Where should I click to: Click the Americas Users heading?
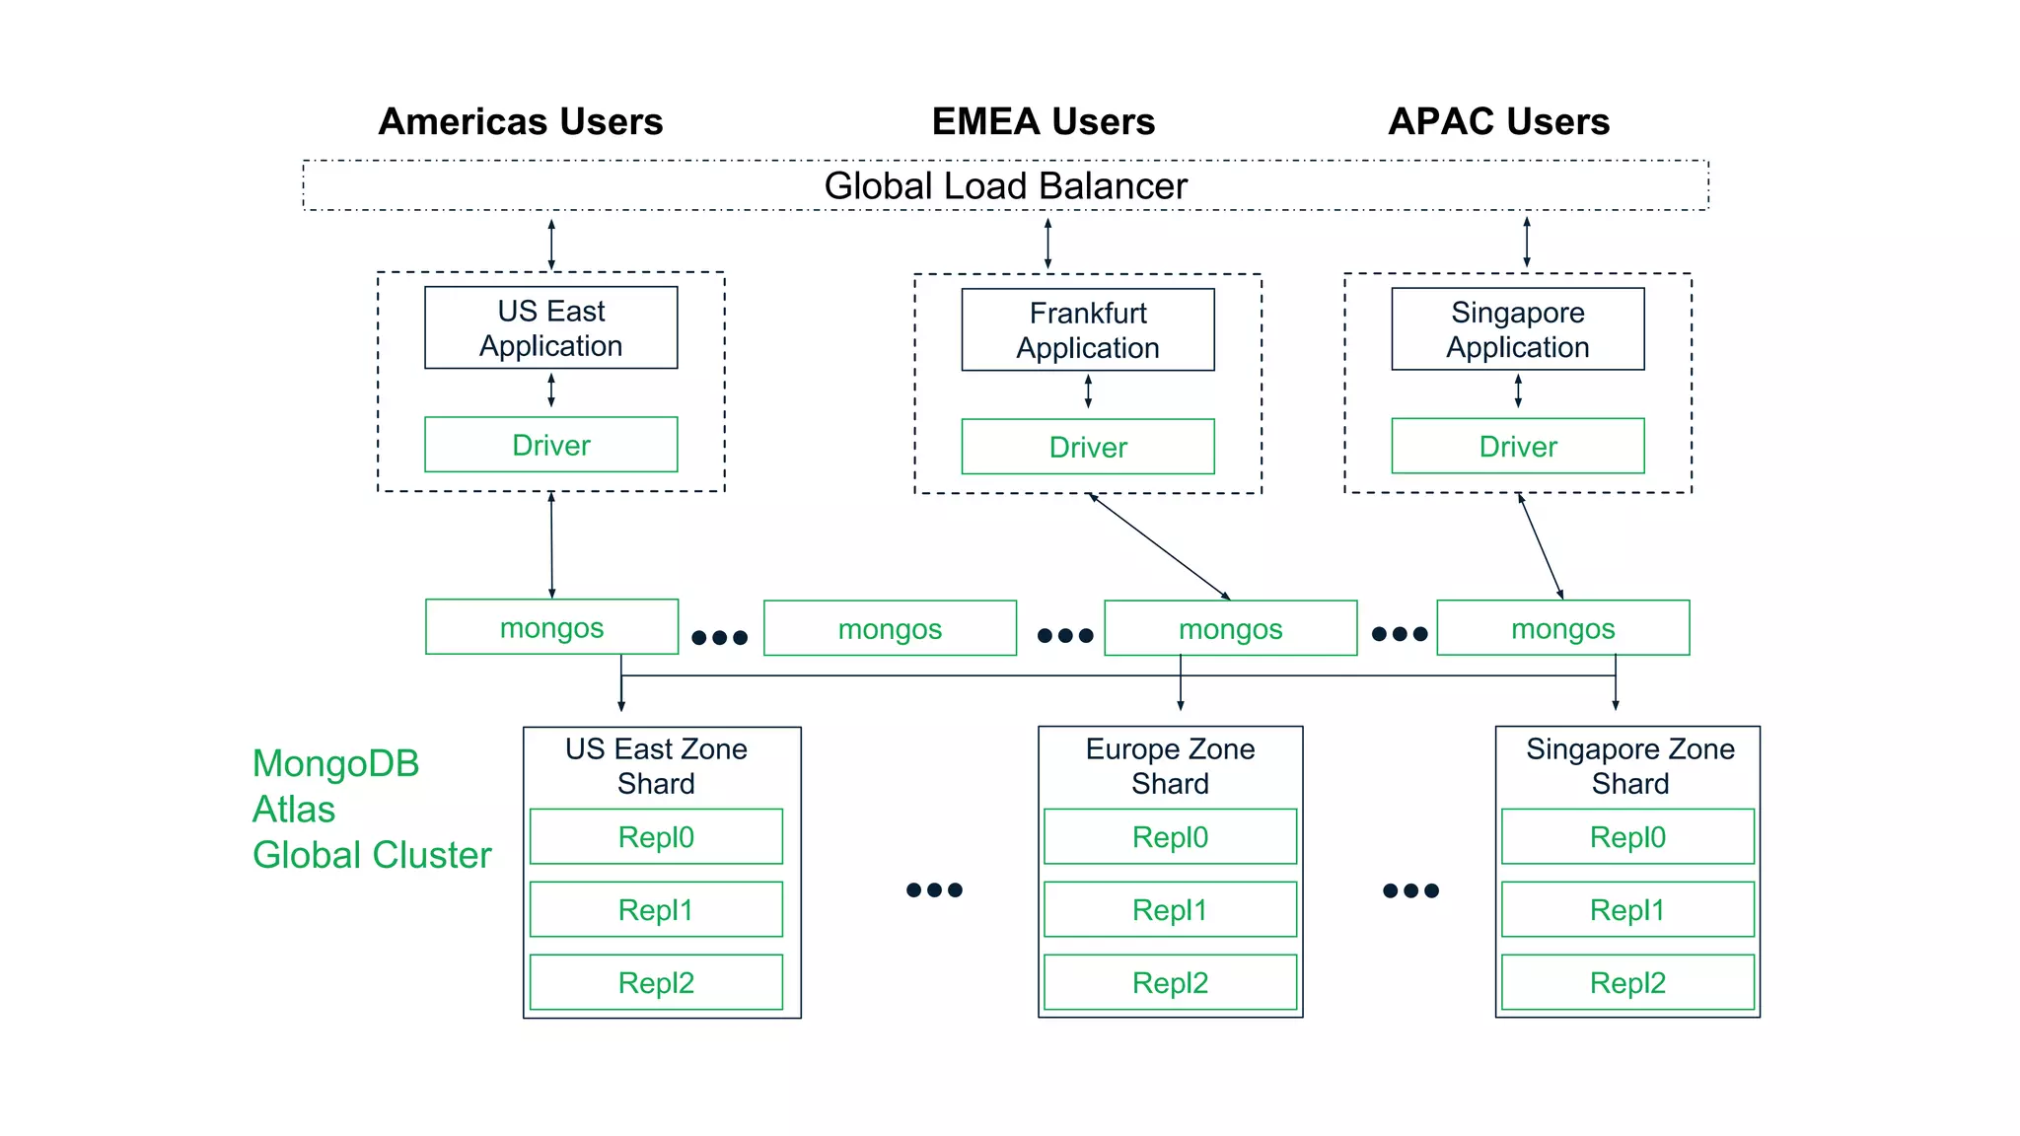[521, 122]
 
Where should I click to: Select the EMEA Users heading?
[1043, 122]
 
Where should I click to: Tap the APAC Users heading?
[1498, 122]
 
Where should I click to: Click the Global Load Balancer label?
[1005, 186]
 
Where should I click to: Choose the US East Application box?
[550, 328]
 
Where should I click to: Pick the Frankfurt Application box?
[1087, 330]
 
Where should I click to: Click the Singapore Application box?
[1517, 329]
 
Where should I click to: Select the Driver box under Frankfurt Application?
[1087, 447]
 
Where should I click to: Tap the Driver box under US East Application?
[550, 445]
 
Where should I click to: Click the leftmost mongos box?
[551, 627]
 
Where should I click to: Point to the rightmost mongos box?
[1562, 628]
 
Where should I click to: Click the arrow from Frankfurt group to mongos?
[1160, 546]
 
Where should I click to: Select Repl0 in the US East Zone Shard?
[656, 837]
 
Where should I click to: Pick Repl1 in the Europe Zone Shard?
[1170, 909]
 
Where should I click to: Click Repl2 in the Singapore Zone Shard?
[1627, 982]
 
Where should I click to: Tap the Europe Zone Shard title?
[1170, 766]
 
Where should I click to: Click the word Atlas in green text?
[294, 810]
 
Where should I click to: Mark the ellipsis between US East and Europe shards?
[934, 890]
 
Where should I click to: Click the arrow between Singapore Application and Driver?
[1518, 391]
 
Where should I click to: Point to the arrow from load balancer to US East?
[551, 245]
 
